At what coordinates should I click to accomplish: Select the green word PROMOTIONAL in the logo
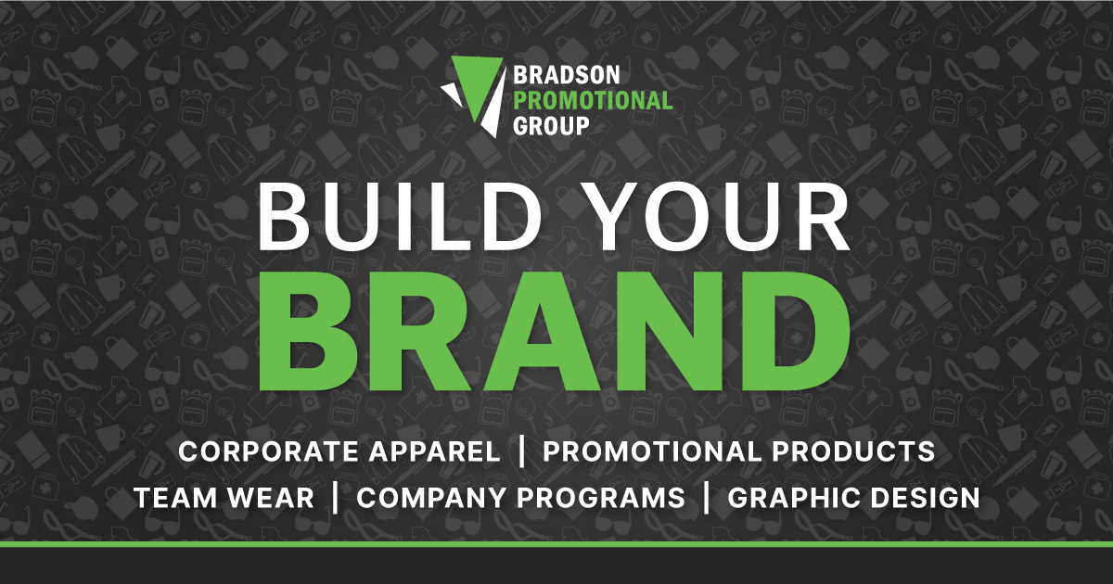point(593,101)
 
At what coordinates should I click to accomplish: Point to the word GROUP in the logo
point(552,126)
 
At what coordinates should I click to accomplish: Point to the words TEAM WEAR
point(224,498)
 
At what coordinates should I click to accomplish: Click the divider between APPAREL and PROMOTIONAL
point(522,452)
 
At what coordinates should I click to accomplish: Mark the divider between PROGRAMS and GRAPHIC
point(707,498)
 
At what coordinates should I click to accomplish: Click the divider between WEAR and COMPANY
point(335,498)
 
